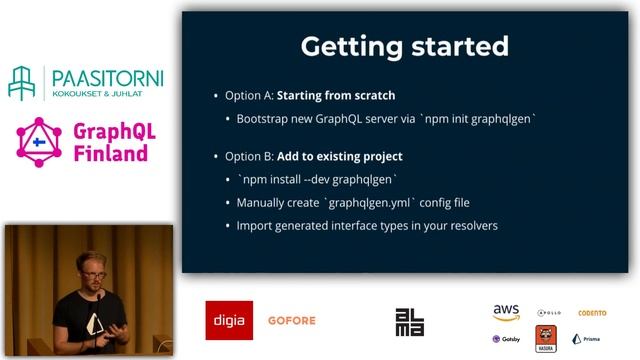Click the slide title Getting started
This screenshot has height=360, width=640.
pyautogui.click(x=404, y=47)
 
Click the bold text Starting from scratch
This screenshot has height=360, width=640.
pyautogui.click(x=335, y=96)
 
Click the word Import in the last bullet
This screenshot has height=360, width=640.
pyautogui.click(x=255, y=225)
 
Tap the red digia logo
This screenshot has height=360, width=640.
pyautogui.click(x=229, y=320)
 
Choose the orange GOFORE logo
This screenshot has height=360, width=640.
pyautogui.click(x=291, y=321)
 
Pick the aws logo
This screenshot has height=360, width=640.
pyautogui.click(x=506, y=313)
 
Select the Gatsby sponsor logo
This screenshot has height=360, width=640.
pyautogui.click(x=506, y=339)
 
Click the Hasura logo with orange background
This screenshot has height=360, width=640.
pyautogui.click(x=546, y=338)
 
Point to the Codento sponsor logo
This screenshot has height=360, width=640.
pyautogui.click(x=592, y=313)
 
